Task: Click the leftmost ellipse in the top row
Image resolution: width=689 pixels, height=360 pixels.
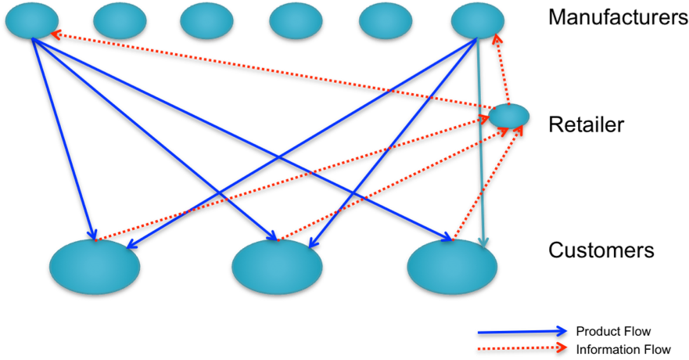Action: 32,20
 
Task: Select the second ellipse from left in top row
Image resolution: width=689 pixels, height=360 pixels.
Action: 120,20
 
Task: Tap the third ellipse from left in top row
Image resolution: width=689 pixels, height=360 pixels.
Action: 206,20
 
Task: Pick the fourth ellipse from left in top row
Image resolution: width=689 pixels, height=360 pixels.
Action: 296,20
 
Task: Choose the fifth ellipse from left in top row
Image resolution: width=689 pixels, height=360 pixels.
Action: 386,20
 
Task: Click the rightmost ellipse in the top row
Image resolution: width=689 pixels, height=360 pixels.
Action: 478,20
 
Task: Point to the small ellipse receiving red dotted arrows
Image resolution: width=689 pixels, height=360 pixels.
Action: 509,116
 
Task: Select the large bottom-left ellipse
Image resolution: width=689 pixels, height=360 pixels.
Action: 95,267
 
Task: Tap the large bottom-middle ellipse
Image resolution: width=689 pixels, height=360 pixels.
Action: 277,267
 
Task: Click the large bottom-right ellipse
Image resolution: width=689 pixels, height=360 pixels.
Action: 452,267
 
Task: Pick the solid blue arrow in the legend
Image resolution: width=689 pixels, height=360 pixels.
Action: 522,332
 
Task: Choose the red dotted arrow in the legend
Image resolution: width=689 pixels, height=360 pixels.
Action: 522,347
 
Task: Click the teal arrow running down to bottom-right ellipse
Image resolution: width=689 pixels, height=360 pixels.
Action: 480,141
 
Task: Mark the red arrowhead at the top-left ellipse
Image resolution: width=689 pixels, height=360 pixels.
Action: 56,34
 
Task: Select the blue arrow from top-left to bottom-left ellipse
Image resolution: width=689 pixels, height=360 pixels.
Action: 63,137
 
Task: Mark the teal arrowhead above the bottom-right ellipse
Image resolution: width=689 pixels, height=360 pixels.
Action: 483,242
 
